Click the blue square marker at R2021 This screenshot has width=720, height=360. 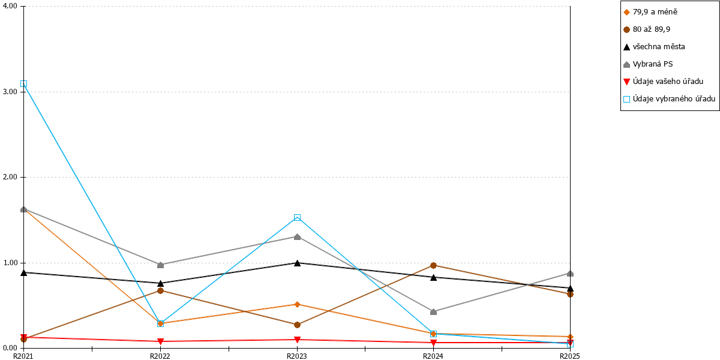(23, 84)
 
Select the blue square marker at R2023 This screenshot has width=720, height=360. (298, 218)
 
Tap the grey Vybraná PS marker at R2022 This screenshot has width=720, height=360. (160, 265)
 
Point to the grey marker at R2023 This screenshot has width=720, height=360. (298, 237)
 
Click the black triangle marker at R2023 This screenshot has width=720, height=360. (298, 263)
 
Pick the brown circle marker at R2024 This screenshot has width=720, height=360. (433, 265)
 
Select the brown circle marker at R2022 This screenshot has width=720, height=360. (160, 290)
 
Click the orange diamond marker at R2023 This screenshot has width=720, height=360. (298, 304)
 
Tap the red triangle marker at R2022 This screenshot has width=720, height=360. (160, 341)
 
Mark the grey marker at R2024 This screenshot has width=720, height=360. (433, 312)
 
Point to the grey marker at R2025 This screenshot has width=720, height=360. (570, 274)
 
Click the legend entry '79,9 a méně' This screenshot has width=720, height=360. (655, 12)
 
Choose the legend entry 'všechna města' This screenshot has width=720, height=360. (659, 47)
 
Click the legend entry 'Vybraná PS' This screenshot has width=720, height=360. (653, 64)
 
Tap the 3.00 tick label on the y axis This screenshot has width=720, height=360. (10, 92)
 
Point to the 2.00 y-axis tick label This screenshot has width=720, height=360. (10, 177)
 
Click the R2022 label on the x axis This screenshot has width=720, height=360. (160, 356)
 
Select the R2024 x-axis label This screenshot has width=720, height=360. (433, 356)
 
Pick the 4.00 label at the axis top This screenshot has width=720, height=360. (10, 6)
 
